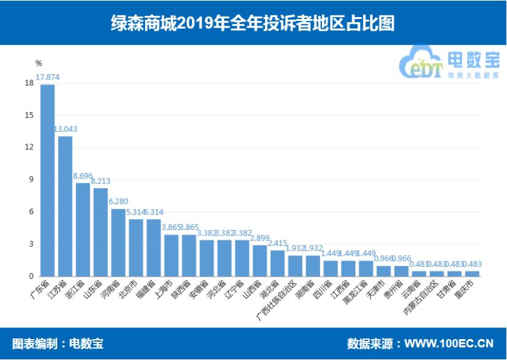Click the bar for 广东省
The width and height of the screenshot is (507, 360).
click(x=47, y=180)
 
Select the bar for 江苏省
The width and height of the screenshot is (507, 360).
click(x=65, y=206)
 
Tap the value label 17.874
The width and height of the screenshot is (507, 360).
click(x=48, y=77)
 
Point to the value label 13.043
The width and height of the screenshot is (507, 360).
click(x=66, y=129)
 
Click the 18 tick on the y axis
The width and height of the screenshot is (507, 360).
click(x=29, y=83)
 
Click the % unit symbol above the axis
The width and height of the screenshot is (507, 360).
click(x=38, y=63)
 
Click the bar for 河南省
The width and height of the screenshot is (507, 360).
click(x=118, y=242)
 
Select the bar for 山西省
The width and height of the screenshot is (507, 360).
click(x=260, y=261)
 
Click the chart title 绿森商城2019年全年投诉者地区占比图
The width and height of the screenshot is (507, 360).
click(x=253, y=23)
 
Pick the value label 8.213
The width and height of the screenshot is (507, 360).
click(x=101, y=182)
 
